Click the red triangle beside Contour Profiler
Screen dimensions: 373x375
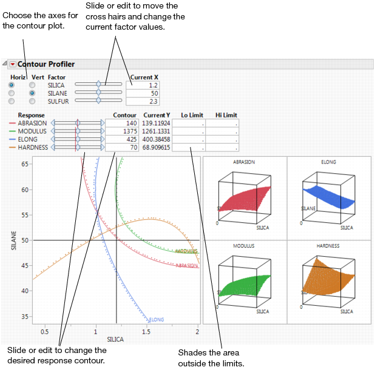13,64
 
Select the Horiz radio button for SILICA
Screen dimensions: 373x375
12,85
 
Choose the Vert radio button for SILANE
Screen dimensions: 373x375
32,93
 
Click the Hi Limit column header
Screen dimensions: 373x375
226,115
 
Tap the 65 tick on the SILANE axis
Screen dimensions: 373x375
25,164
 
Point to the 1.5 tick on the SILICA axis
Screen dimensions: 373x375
147,331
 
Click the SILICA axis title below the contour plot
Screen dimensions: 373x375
115,340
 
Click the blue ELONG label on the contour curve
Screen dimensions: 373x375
156,319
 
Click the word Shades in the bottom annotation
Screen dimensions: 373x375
192,352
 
